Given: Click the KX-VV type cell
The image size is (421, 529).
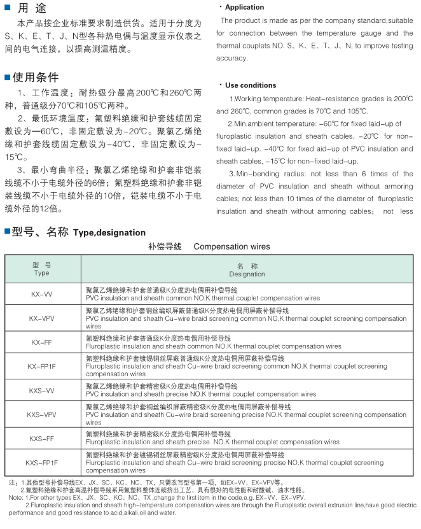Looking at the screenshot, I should point(42,294).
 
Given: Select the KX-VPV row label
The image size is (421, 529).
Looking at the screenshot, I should point(42,317).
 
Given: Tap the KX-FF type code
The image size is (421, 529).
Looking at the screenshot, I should point(42,342).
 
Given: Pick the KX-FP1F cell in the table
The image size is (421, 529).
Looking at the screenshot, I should point(42,366).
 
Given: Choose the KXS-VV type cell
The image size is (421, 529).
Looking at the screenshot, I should point(42,390).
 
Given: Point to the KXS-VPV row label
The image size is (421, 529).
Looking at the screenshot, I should point(42,414).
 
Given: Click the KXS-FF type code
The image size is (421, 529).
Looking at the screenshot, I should point(42,439).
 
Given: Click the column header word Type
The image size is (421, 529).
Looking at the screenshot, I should point(42,273).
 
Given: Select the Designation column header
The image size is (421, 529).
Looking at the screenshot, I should point(247,274).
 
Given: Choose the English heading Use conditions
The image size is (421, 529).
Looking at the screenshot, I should point(251,85).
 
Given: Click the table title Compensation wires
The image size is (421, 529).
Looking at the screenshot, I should point(231,246).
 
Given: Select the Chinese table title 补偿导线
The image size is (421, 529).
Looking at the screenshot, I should point(165,246).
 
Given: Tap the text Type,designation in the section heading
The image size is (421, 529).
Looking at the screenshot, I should point(109,232).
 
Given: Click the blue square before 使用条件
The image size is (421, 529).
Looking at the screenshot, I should point(7,78).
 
